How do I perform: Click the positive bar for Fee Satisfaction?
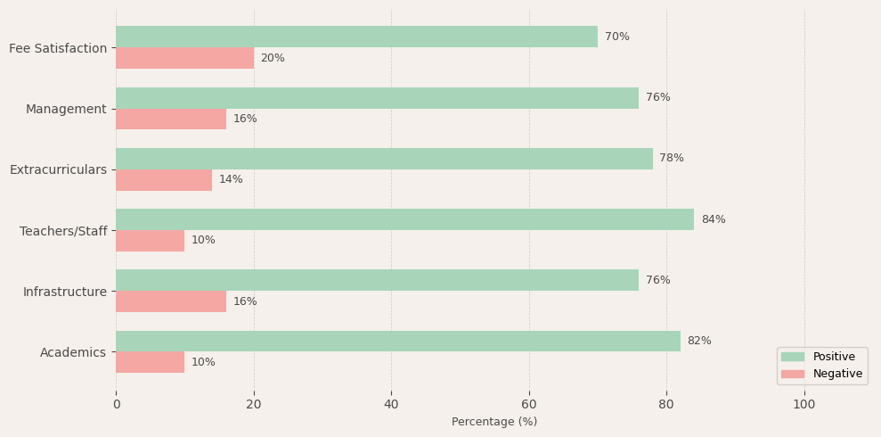(x=356, y=37)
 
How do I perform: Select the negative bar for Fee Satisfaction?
(x=184, y=58)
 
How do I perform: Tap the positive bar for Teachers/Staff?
(x=404, y=219)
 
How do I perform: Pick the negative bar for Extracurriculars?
(x=164, y=180)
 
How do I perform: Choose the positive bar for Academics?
(x=397, y=341)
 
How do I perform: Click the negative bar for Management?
(x=171, y=120)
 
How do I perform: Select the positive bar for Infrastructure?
(x=377, y=280)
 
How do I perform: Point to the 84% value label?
(x=713, y=219)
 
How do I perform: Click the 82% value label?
(x=699, y=341)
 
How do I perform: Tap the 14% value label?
(x=231, y=180)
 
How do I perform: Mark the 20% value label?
(x=273, y=58)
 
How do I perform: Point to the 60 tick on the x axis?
(x=529, y=404)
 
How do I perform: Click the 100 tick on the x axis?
(x=804, y=404)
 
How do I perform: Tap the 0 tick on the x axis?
(x=116, y=404)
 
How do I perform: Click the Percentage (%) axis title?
(x=494, y=422)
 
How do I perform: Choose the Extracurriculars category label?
(x=58, y=169)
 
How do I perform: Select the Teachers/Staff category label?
(x=63, y=231)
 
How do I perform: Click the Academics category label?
(x=73, y=352)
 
